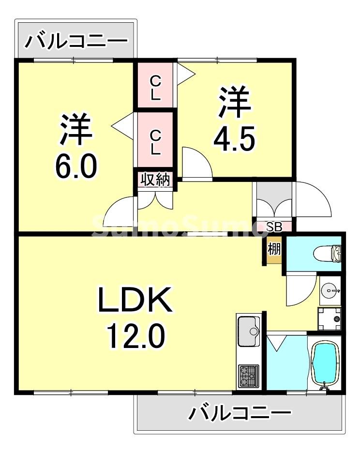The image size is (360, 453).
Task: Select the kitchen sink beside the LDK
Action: tap(249, 331)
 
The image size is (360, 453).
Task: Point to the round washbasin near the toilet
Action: tap(330, 291)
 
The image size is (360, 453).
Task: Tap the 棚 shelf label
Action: tap(274, 250)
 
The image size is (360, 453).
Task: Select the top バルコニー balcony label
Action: tap(76, 41)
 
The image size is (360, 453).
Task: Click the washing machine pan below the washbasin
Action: tap(329, 317)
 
